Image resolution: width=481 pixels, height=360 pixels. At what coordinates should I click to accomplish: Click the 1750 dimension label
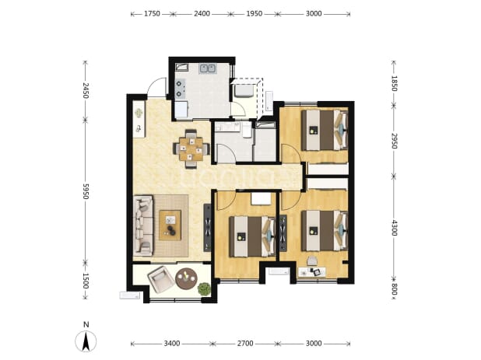[152, 14]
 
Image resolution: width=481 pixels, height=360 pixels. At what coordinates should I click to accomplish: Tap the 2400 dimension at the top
[202, 14]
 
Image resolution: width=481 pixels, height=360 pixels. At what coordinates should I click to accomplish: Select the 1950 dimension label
[255, 14]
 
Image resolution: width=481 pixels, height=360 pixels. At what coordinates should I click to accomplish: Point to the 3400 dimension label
[172, 344]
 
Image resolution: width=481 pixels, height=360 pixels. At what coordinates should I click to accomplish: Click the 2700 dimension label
[245, 344]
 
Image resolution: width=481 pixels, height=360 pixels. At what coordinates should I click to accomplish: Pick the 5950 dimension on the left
[86, 191]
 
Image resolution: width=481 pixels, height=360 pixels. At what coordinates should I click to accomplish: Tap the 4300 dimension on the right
[394, 227]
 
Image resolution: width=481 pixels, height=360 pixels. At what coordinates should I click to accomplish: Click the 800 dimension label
[394, 289]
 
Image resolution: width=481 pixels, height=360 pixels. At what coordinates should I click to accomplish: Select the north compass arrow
[86, 341]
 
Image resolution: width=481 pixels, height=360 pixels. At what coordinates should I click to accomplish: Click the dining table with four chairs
[191, 149]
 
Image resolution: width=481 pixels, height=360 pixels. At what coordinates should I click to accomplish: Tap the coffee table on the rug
[170, 225]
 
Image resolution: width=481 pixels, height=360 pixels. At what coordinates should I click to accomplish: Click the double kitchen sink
[207, 68]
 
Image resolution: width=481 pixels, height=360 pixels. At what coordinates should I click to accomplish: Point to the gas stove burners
[181, 88]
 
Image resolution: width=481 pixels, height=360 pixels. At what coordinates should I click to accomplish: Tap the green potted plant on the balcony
[204, 289]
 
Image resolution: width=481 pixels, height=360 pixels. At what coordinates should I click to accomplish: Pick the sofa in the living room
[143, 225]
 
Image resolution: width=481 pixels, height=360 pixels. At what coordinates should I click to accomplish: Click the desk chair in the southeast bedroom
[312, 261]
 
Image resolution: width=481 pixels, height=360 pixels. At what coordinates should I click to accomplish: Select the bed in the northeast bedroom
[325, 130]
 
